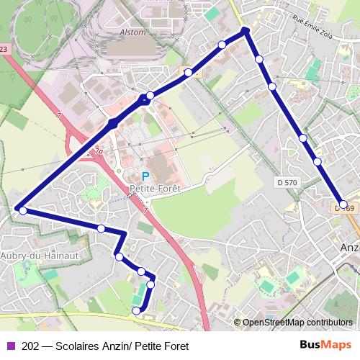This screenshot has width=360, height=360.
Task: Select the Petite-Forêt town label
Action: (x=154, y=189)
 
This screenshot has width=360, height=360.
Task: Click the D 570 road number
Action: (x=285, y=183)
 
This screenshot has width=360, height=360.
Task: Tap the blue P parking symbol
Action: (x=145, y=176)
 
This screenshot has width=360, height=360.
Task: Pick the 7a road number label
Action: (x=99, y=151)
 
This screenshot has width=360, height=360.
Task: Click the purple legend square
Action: (x=9, y=346)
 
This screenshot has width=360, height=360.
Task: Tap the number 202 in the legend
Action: (x=31, y=346)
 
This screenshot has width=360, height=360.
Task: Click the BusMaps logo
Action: (x=325, y=346)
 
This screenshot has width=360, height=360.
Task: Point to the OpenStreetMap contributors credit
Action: (x=297, y=322)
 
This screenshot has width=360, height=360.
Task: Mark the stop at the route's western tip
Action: (x=23, y=211)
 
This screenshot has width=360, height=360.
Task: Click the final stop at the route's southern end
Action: (x=137, y=310)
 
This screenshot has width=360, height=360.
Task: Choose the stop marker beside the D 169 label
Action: (x=343, y=204)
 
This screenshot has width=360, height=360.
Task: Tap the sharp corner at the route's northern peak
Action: (x=246, y=30)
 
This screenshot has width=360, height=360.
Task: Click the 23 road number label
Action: (x=4, y=49)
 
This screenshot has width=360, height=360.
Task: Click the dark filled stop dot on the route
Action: (x=113, y=125)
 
